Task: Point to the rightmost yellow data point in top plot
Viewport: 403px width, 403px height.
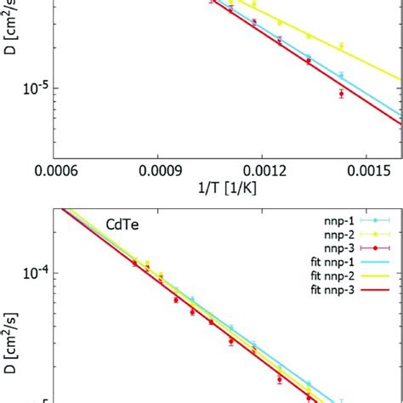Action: point(341,46)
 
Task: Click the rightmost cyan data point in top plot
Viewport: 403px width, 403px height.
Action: point(341,76)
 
